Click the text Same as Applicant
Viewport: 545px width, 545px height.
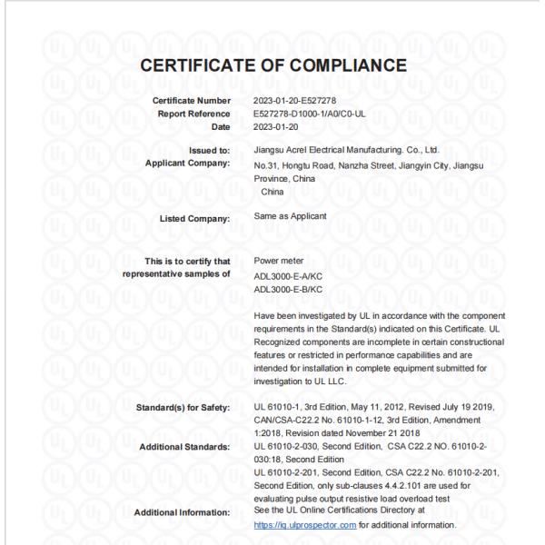click(x=291, y=217)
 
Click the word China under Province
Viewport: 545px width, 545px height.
click(x=272, y=192)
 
